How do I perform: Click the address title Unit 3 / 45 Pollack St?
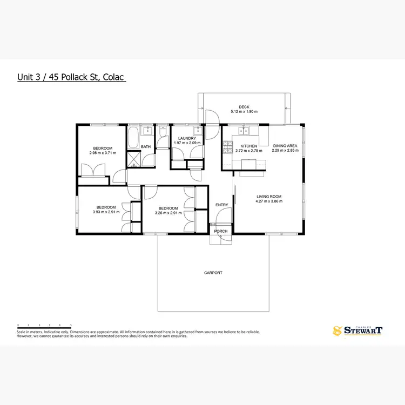point(71,77)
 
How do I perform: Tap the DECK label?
point(244,107)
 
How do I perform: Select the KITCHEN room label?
point(248,146)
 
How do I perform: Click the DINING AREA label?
point(285,146)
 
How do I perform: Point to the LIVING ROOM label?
point(269,197)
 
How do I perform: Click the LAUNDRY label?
point(186,139)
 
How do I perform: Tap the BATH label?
point(146,146)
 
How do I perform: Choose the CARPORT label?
point(213,273)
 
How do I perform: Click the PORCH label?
point(221,231)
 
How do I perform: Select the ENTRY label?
point(221,205)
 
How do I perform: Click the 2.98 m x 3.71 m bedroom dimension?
point(103,153)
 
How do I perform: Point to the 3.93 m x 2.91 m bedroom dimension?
point(106,212)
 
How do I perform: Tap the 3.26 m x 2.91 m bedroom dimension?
point(168,213)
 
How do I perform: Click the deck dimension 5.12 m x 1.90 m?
point(244,112)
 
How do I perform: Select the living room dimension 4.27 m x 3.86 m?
point(269,201)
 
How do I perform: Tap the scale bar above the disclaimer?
point(44,326)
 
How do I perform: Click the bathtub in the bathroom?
point(133,138)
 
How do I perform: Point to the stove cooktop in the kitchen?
point(227,146)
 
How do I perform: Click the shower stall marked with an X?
point(133,159)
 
